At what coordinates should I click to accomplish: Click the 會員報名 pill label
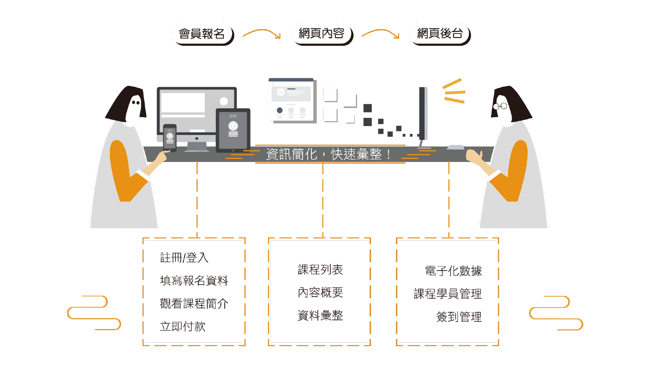201,33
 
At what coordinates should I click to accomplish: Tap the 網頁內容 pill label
321,33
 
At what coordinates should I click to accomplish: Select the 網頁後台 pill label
439,33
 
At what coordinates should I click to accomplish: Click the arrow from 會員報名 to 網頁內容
262,33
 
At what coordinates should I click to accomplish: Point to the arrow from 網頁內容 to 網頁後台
381,33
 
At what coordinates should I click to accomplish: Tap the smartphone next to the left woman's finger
170,137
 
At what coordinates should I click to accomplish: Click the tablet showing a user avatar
233,130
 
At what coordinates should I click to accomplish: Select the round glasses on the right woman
500,106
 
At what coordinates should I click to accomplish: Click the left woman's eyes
136,102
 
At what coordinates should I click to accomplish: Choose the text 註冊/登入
184,258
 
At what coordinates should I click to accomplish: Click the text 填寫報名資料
194,281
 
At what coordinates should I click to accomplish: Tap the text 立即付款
182,326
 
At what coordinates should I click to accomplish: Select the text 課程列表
320,270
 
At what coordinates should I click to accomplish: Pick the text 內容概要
320,292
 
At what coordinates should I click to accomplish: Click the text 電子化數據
453,271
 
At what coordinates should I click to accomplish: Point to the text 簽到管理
459,317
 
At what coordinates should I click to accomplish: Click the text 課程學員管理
447,294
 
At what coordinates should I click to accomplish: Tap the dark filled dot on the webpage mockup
280,110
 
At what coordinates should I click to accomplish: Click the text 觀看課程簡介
194,303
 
